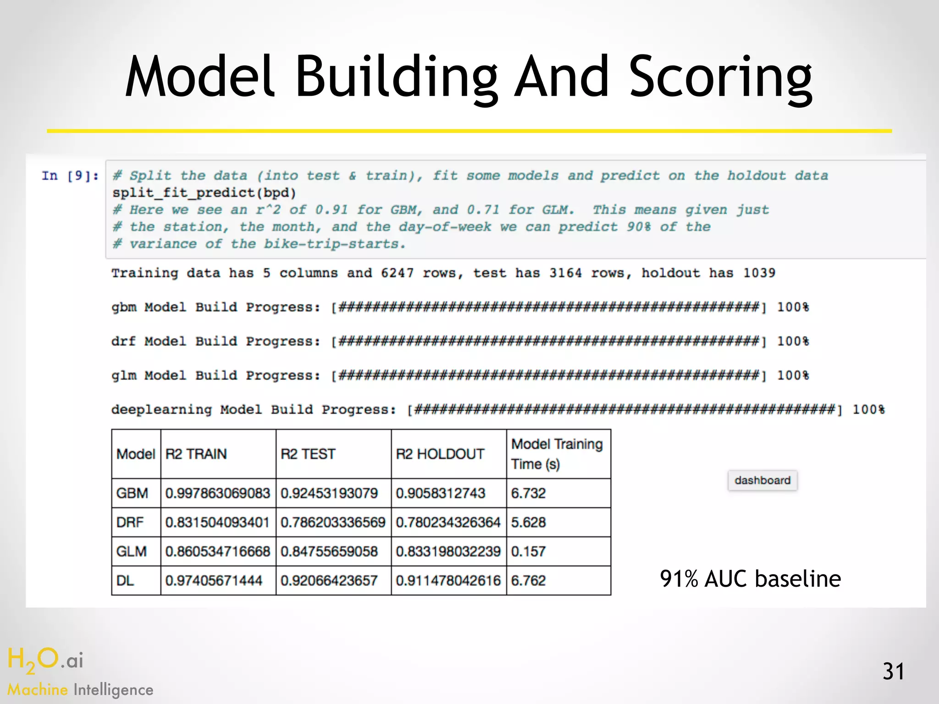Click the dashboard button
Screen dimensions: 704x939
762,480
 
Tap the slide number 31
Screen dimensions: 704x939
893,671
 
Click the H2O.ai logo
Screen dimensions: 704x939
45,660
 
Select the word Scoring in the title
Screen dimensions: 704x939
720,78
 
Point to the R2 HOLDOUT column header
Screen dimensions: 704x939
440,454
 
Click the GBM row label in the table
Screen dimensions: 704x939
132,493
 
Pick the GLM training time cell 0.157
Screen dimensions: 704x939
529,551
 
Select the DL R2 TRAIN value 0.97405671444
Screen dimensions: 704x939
214,581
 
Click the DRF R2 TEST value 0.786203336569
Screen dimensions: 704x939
333,522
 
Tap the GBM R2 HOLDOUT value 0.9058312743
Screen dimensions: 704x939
441,493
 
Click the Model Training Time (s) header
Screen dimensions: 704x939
557,454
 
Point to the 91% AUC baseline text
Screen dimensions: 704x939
750,579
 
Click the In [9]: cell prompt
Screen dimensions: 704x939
70,176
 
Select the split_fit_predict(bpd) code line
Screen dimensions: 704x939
204,193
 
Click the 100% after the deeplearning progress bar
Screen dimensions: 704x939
868,410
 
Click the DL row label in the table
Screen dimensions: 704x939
125,581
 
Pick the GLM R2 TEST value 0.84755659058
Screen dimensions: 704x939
329,551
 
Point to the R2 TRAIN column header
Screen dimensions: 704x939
196,454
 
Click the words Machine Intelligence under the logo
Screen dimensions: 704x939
80,690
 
